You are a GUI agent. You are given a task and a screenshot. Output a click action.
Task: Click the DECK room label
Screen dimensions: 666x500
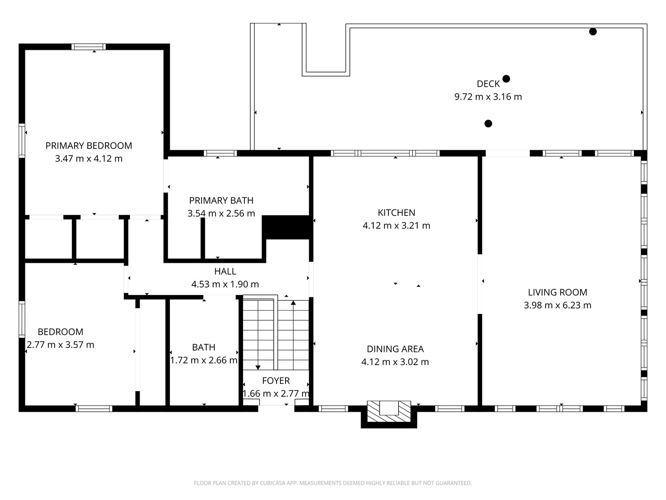tap(488, 84)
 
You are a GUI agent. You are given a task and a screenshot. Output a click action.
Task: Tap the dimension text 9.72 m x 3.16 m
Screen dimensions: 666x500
tap(488, 97)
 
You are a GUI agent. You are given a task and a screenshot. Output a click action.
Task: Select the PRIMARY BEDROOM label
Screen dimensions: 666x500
tap(89, 146)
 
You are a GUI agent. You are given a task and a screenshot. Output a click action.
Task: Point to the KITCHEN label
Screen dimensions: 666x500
tap(396, 213)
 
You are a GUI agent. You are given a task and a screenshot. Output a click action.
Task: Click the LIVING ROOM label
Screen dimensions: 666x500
tap(557, 292)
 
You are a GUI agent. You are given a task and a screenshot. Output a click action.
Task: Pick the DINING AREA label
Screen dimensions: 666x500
tap(395, 349)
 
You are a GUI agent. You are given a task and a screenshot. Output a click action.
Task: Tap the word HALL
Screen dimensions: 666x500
tap(225, 271)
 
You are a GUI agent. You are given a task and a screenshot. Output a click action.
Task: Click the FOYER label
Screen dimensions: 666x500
tap(276, 381)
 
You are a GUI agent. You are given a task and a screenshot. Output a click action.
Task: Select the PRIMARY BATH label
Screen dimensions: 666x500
tap(221, 201)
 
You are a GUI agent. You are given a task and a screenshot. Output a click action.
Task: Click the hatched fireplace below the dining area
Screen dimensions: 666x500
tap(389, 412)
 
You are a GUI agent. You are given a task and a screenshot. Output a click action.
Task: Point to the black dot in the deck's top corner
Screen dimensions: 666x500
tap(593, 32)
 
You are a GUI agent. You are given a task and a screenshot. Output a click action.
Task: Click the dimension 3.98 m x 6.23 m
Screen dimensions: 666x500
tap(557, 305)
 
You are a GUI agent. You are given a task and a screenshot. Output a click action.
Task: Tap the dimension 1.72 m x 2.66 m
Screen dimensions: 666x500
tap(203, 360)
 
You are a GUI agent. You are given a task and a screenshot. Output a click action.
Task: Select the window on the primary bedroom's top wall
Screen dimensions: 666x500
tap(89, 47)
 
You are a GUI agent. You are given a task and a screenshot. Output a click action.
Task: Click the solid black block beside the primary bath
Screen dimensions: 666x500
tap(287, 228)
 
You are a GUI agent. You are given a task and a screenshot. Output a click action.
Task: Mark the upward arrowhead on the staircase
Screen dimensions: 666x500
tap(293, 303)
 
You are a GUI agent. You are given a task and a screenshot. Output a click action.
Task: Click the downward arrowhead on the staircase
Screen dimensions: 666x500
tap(258, 367)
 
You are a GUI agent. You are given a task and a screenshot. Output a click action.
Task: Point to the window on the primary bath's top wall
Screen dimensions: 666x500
tap(220, 153)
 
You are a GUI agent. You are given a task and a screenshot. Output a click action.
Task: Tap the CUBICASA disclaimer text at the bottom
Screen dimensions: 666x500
tap(333, 483)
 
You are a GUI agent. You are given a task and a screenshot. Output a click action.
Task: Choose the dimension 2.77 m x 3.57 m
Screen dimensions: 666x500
tap(61, 345)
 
